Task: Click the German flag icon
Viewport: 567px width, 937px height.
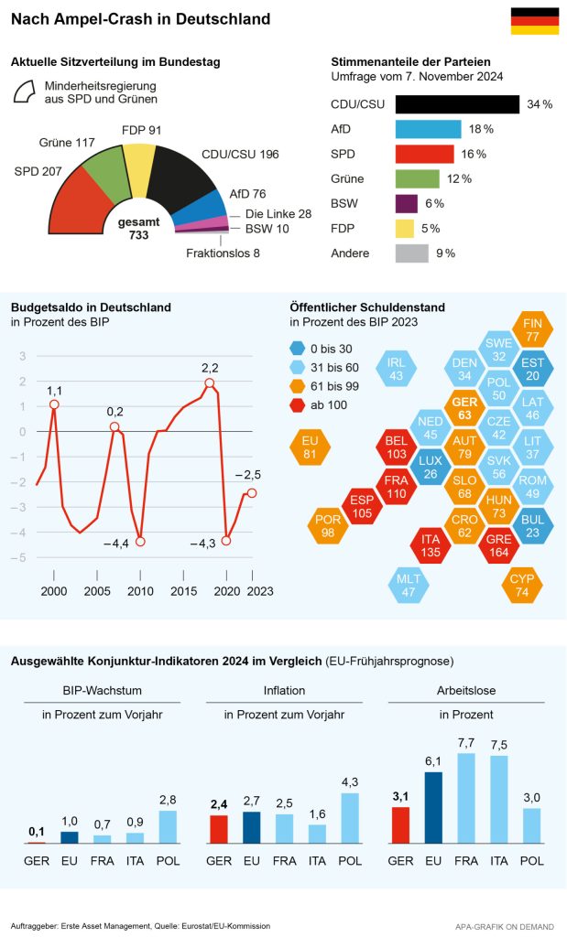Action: point(534,21)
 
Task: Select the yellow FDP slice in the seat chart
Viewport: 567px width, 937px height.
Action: point(140,162)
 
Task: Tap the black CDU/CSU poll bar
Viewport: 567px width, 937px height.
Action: point(457,104)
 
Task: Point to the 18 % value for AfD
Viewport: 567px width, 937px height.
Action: point(482,129)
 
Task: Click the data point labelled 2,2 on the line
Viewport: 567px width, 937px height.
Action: point(210,383)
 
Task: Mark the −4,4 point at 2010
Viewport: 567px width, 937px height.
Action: point(140,542)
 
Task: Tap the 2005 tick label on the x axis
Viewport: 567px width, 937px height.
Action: point(98,591)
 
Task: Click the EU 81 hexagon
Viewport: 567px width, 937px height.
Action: point(309,447)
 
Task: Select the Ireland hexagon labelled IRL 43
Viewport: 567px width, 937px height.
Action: point(396,369)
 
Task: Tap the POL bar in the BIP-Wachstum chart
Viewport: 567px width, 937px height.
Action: point(167,826)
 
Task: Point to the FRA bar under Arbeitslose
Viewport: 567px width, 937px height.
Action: point(466,797)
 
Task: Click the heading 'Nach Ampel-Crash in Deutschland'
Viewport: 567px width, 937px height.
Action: point(140,18)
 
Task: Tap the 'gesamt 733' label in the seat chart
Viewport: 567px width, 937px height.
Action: point(138,229)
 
